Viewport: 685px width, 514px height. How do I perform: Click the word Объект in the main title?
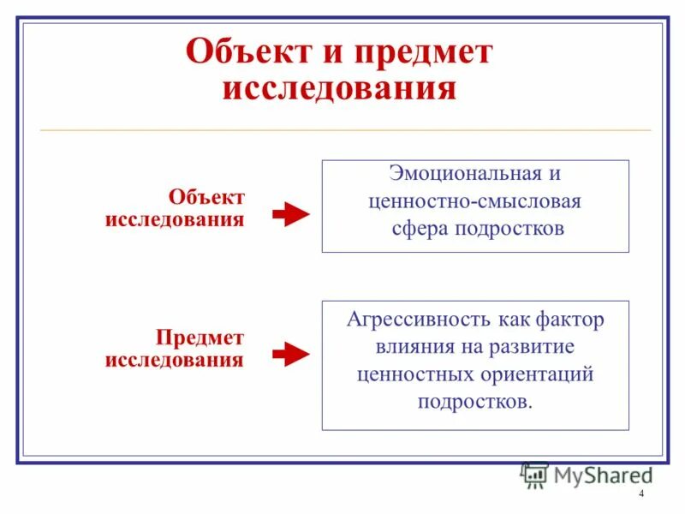[243, 53]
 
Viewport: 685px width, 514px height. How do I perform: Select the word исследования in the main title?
[339, 89]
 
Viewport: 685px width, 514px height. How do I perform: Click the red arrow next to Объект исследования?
[290, 215]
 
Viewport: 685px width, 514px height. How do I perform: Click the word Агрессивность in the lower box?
[414, 320]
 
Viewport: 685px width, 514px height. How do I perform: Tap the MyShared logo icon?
[534, 475]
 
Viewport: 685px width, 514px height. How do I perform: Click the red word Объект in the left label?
[206, 198]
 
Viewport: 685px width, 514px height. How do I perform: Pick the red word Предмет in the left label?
[200, 338]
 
